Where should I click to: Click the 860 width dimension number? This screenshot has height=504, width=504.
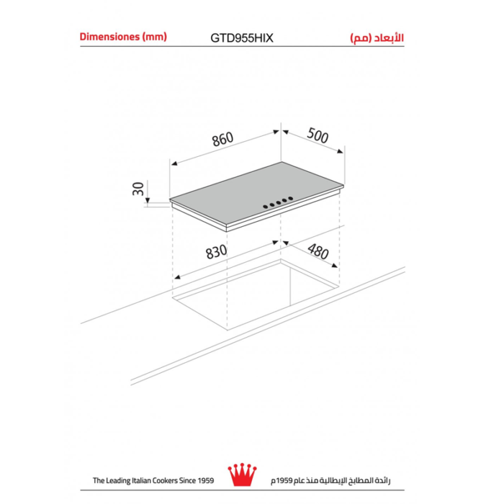[222, 141]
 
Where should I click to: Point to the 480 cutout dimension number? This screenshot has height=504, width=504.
[318, 251]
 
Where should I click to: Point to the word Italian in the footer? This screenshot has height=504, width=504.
[143, 480]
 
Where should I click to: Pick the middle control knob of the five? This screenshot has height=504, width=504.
[279, 202]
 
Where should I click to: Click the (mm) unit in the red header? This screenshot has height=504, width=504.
[154, 36]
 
